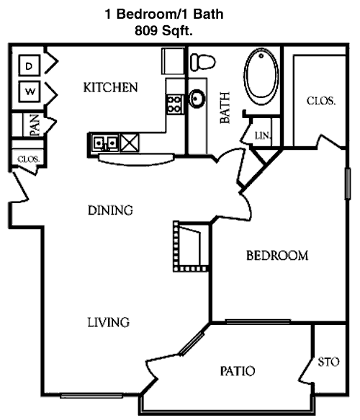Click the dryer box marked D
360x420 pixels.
[30, 65]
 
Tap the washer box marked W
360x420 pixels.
[30, 91]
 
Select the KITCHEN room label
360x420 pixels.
[111, 88]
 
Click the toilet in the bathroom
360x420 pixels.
[202, 62]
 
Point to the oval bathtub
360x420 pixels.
[261, 76]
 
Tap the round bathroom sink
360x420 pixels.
[197, 99]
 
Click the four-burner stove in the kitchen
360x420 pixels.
[175, 104]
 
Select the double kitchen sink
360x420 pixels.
[105, 143]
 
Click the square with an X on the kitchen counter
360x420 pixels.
[130, 143]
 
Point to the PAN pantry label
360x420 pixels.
[35, 125]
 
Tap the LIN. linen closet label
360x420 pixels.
[263, 136]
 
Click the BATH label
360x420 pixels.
[225, 107]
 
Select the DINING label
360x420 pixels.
[110, 210]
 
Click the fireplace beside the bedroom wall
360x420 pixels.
[191, 246]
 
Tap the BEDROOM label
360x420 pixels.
[277, 256]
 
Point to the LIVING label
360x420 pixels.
[109, 322]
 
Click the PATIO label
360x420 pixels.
[238, 371]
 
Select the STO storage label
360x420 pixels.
[328, 362]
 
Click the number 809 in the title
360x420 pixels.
[145, 31]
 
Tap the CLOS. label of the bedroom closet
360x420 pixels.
[321, 101]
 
